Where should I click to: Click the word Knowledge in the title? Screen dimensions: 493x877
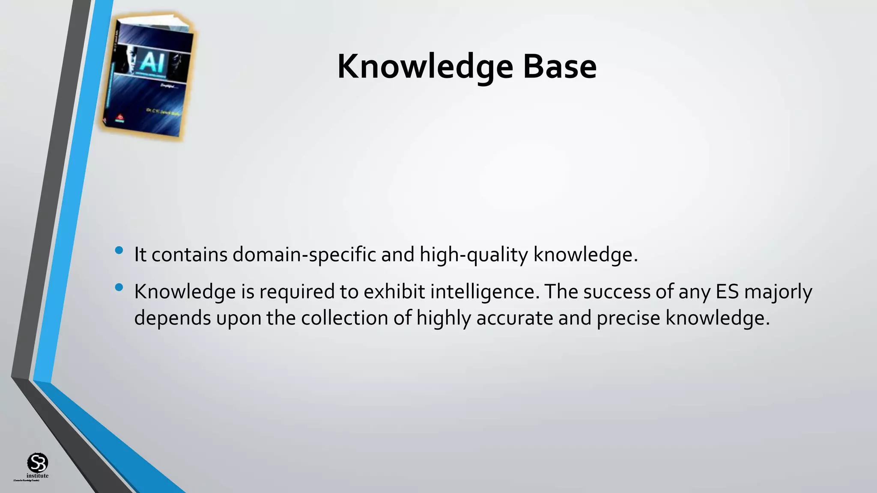425,67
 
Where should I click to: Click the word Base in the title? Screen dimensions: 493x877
559,67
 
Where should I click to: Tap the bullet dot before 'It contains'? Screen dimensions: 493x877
119,250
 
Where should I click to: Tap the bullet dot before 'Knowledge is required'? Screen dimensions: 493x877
119,287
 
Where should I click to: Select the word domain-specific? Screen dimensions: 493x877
304,255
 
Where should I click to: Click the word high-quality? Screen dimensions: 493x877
474,255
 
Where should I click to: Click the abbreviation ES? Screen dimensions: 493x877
727,292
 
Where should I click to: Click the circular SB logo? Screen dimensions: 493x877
38,463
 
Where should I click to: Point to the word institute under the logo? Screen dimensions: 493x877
38,476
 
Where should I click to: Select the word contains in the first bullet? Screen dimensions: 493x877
189,255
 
